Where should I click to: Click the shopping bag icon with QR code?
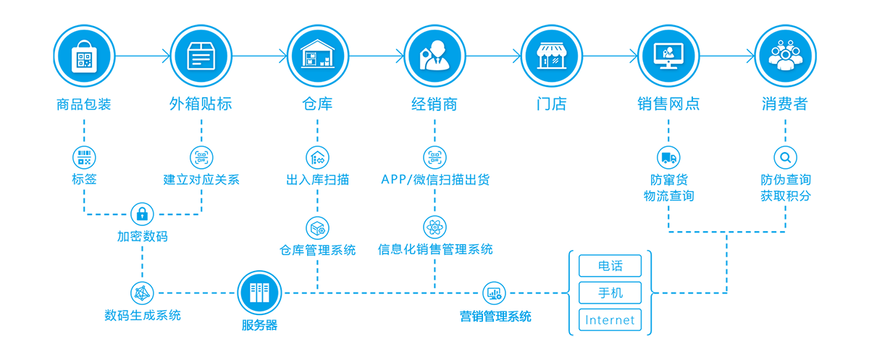(x=84, y=57)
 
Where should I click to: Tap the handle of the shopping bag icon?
(x=84, y=43)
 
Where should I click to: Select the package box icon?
(x=201, y=56)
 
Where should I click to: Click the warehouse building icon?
(x=317, y=54)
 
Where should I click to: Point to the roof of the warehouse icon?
(x=317, y=43)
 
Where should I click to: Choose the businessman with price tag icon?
(x=434, y=56)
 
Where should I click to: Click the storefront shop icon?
(x=552, y=56)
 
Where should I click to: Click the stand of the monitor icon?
(x=668, y=67)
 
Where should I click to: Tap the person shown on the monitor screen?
(x=668, y=51)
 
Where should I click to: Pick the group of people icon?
(x=785, y=56)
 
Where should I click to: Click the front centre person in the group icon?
(x=785, y=61)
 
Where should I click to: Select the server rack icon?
(x=259, y=293)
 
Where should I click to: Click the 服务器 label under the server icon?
(x=259, y=325)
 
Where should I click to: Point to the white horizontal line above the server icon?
(x=398, y=257)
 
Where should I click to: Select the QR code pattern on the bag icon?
(x=84, y=60)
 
